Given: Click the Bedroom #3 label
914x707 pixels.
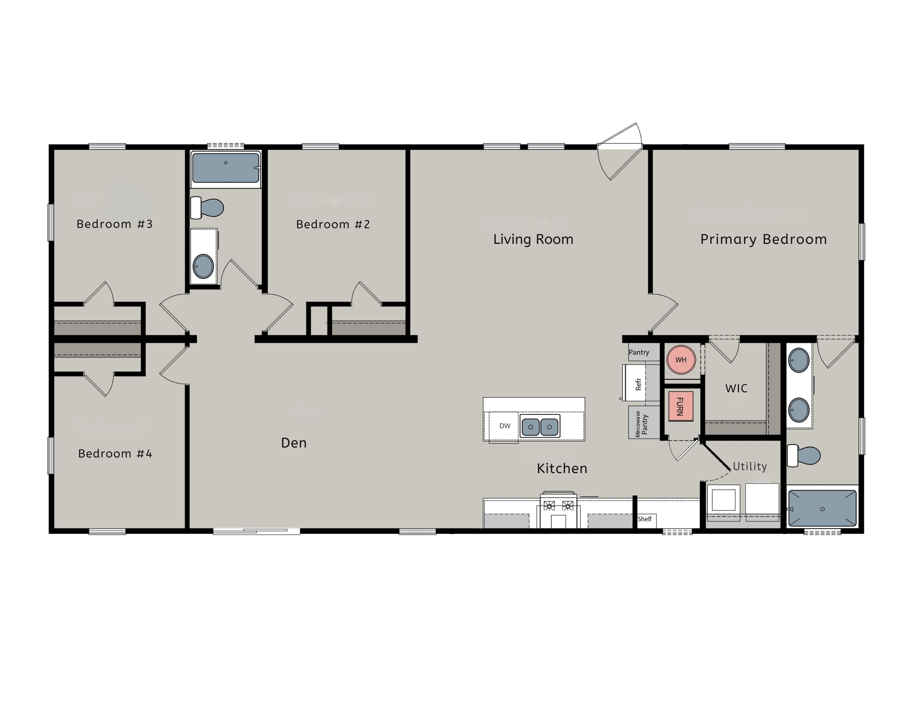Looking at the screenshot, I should [115, 224].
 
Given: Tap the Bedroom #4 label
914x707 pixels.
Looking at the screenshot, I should [115, 453].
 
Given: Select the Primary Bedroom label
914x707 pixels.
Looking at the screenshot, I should [763, 239].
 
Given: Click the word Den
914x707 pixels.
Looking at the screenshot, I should [294, 443].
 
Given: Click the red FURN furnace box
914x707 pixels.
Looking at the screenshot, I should [680, 406].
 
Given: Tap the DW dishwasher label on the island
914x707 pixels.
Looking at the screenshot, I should [505, 426].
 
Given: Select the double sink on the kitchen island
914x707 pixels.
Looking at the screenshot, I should [540, 427].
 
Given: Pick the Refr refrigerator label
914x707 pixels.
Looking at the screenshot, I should [638, 384].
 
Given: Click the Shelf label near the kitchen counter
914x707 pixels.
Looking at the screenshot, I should [644, 519].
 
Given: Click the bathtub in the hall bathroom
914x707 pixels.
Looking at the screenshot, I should [226, 168].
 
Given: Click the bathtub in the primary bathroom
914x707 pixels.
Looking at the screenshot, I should [822, 508].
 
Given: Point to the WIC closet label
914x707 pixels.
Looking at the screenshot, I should [736, 388].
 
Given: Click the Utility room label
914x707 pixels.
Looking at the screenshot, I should [749, 466].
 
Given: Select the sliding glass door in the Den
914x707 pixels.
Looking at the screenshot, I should [256, 531].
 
